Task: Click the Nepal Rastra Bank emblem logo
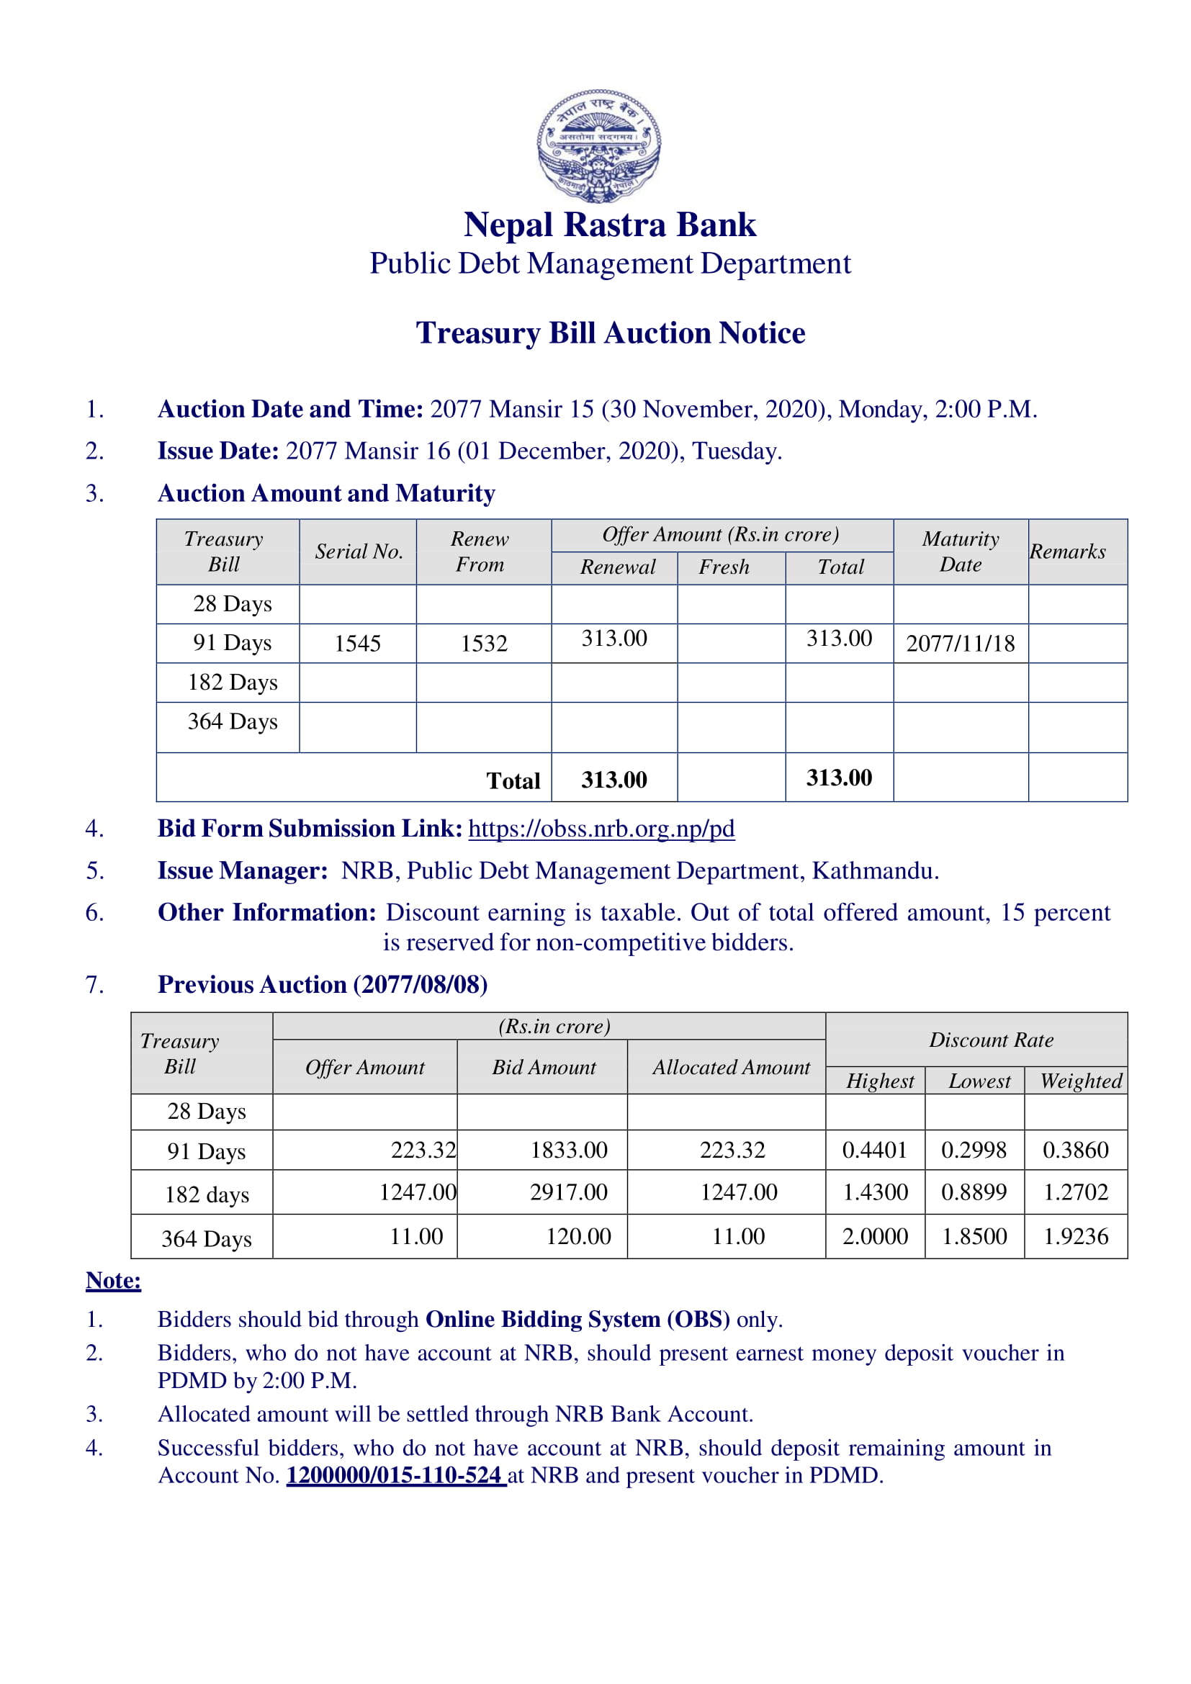[x=598, y=146]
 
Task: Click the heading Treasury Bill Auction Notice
[x=610, y=333]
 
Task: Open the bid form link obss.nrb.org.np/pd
[x=601, y=828]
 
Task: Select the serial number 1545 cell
[x=357, y=643]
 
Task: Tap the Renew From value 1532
[x=483, y=643]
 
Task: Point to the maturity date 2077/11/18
[x=960, y=643]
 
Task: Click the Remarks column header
[x=1067, y=551]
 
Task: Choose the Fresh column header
[x=724, y=567]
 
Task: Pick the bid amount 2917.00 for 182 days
[x=568, y=1192]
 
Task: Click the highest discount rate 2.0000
[x=874, y=1236]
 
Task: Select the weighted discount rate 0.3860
[x=1075, y=1149]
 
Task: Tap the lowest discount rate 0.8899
[x=974, y=1192]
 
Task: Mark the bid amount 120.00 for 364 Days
[x=578, y=1236]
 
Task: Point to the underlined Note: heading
[x=113, y=1280]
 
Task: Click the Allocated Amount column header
[x=731, y=1067]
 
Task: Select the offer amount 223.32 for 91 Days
[x=423, y=1149]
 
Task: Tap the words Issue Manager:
[x=242, y=870]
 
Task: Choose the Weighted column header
[x=1080, y=1081]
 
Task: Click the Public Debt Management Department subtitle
[x=610, y=264]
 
